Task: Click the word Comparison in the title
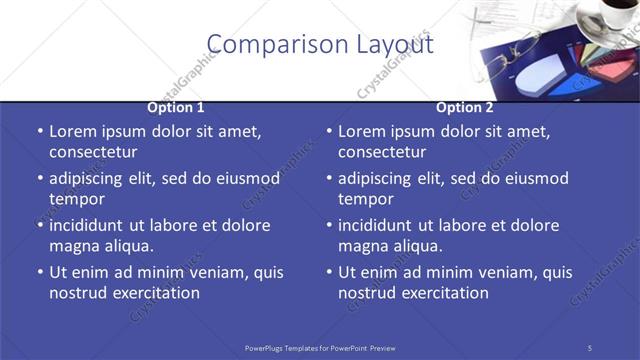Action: [x=266, y=44]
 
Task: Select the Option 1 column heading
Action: [x=176, y=107]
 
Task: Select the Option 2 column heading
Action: [x=465, y=107]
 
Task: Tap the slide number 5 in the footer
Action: [x=590, y=347]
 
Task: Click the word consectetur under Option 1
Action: [x=93, y=152]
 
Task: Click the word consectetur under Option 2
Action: [x=382, y=152]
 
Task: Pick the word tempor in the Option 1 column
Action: [x=75, y=199]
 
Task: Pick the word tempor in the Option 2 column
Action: [x=364, y=199]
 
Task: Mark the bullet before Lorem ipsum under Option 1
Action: [x=39, y=132]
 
